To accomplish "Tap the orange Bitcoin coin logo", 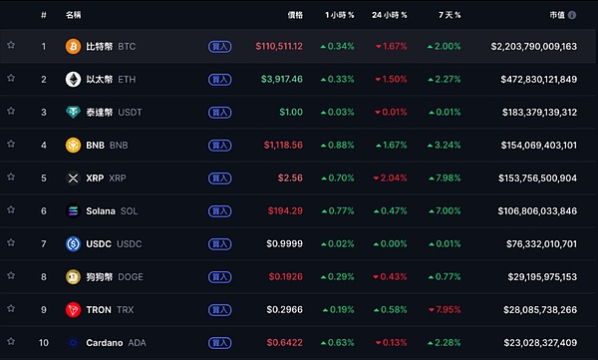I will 73,46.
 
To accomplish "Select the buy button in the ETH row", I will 219,79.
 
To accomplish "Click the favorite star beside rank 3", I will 11,112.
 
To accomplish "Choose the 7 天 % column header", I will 443,15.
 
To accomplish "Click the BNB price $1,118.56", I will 283,145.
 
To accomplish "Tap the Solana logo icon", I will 73,211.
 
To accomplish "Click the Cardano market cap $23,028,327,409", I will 534,343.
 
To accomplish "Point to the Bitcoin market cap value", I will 534,46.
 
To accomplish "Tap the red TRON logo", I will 73,310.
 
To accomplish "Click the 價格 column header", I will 295,15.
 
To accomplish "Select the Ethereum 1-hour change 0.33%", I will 337,79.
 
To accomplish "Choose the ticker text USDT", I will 130,112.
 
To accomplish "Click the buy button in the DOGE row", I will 219,277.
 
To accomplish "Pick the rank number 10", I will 44,343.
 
